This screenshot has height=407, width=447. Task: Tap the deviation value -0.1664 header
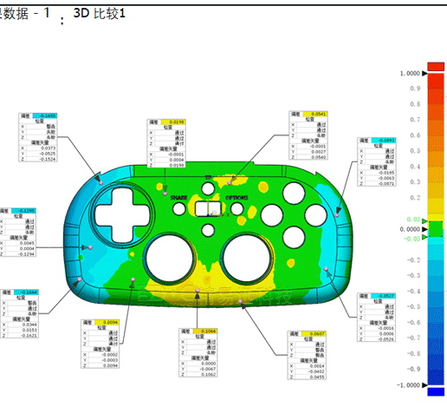click(27, 292)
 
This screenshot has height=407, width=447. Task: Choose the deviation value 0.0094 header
click(109, 322)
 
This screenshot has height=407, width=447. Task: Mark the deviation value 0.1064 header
click(207, 332)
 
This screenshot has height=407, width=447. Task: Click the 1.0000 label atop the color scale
click(410, 74)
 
